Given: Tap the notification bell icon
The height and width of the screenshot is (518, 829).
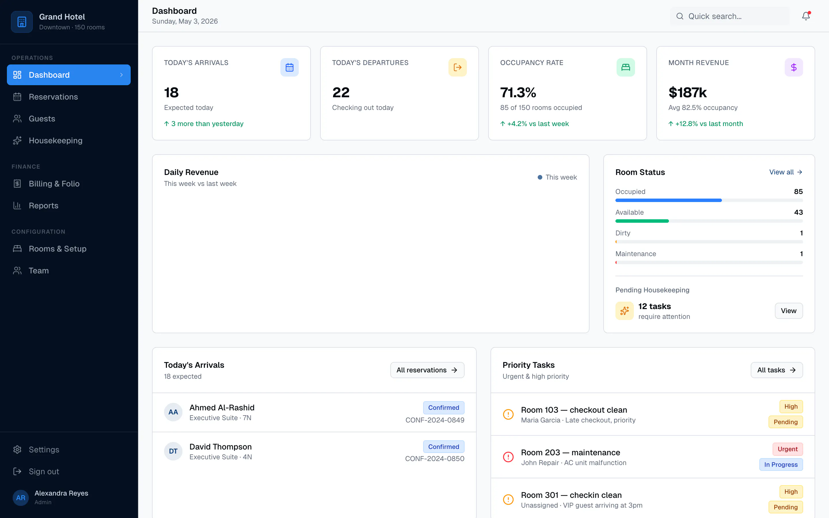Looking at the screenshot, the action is (806, 16).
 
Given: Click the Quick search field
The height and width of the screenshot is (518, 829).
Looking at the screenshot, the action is (730, 16).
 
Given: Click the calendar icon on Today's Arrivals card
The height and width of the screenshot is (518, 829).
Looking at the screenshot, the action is (290, 67).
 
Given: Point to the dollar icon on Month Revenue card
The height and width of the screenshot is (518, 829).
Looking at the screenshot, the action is (794, 67).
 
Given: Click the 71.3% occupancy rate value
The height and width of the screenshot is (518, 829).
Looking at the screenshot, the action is (518, 92).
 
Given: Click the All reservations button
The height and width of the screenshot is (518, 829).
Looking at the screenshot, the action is (427, 370).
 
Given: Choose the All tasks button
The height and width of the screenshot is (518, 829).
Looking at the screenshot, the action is (777, 370).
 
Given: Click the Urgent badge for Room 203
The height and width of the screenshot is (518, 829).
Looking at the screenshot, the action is (788, 449).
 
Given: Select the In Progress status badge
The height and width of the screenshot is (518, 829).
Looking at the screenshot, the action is (781, 464).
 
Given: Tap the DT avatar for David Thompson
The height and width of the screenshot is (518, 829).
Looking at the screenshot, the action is (173, 451).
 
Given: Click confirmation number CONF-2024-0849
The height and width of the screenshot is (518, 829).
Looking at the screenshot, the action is (435, 420).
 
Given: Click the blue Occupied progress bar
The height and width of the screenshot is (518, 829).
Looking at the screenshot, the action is (668, 200).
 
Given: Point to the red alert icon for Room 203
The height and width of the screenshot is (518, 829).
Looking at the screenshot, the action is (508, 457).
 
